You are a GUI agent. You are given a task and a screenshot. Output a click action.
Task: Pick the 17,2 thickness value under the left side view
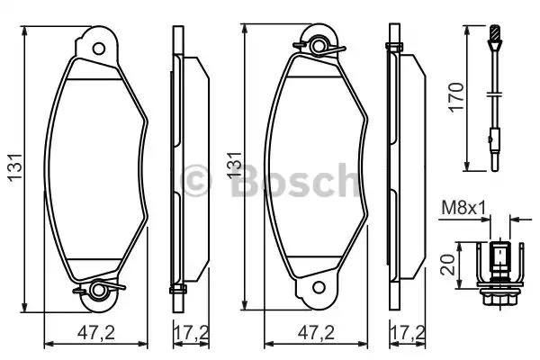click(x=187, y=332)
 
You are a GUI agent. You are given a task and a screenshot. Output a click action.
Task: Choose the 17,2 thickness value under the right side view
click(x=406, y=332)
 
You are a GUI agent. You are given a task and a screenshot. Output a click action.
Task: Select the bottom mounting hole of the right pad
click(x=317, y=288)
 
